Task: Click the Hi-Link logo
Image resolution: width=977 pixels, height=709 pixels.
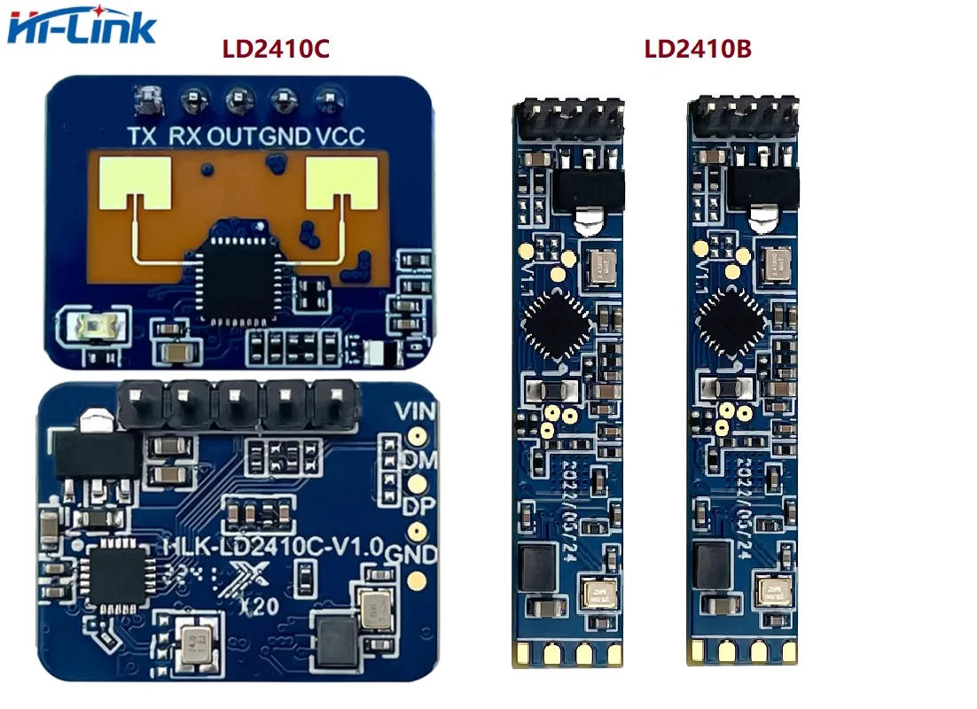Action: [x=82, y=27]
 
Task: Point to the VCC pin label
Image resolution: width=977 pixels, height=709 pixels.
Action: [x=340, y=136]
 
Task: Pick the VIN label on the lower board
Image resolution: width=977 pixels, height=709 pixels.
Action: [x=414, y=410]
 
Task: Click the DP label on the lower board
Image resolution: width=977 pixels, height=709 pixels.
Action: [x=412, y=506]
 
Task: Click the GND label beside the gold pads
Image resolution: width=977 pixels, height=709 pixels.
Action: [x=416, y=554]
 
